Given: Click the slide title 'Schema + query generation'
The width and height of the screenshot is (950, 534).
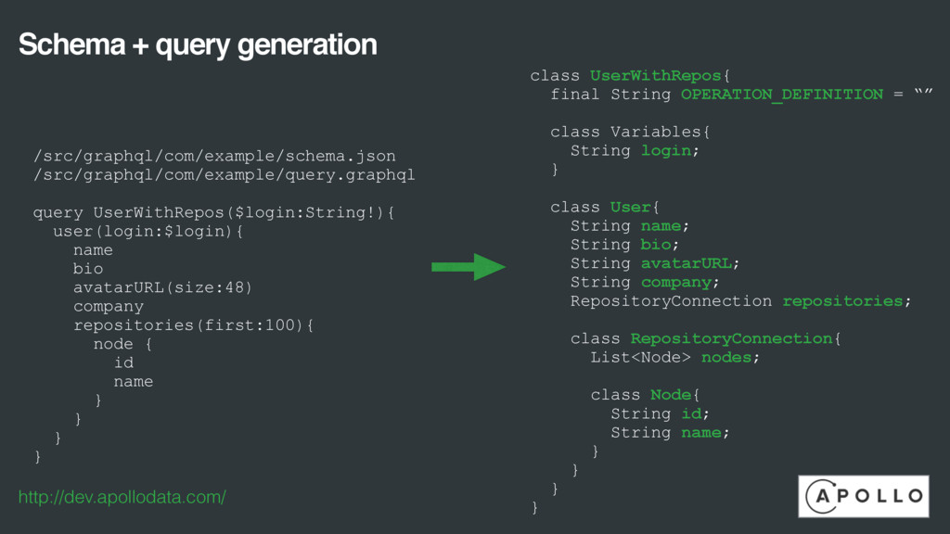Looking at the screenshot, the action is click(198, 44).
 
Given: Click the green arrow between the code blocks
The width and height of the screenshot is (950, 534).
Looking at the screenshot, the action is click(468, 267).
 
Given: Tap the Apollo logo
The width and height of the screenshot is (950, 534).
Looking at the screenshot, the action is click(863, 496).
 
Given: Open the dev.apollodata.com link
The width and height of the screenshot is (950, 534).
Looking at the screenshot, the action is click(122, 498).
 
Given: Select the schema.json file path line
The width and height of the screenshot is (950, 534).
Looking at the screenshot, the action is click(214, 156).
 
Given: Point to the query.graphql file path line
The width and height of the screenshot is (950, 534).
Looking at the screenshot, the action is click(224, 174).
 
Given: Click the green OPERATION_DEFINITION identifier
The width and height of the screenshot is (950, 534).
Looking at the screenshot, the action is click(781, 95).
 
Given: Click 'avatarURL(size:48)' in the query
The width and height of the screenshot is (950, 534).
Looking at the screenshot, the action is click(162, 287).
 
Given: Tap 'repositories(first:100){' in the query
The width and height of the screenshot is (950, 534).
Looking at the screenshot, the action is click(194, 325).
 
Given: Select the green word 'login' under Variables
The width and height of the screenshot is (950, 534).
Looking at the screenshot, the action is click(666, 150).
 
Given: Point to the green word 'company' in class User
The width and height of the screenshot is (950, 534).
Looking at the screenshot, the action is click(676, 282).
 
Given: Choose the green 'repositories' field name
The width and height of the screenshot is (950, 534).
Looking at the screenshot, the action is click(842, 301).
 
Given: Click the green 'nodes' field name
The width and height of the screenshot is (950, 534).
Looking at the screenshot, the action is click(726, 357).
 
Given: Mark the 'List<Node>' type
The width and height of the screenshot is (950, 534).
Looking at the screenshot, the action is click(641, 357).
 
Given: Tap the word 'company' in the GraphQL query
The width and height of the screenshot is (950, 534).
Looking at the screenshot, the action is click(109, 306).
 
